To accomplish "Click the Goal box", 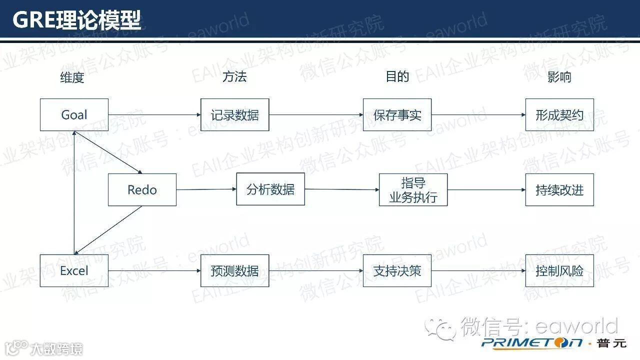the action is [x=74, y=115].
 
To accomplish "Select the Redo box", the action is [x=142, y=190].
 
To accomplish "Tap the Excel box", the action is [x=74, y=271].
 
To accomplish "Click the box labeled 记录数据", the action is [x=234, y=115].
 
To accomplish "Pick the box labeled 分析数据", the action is [x=270, y=189].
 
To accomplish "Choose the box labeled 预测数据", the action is [x=234, y=271].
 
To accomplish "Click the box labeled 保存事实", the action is [x=397, y=115].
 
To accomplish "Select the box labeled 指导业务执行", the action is [x=413, y=190].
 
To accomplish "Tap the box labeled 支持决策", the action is [x=397, y=271].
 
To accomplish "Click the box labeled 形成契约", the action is [x=559, y=115].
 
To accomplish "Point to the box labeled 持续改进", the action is [x=559, y=190].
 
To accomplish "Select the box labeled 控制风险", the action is [x=559, y=271].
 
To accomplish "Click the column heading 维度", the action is [x=72, y=77].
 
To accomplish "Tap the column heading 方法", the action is [x=234, y=76].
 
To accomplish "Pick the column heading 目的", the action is [x=397, y=76].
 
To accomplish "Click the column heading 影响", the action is [x=559, y=77].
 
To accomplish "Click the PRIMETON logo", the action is [x=532, y=342].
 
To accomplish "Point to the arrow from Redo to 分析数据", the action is [x=206, y=189].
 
